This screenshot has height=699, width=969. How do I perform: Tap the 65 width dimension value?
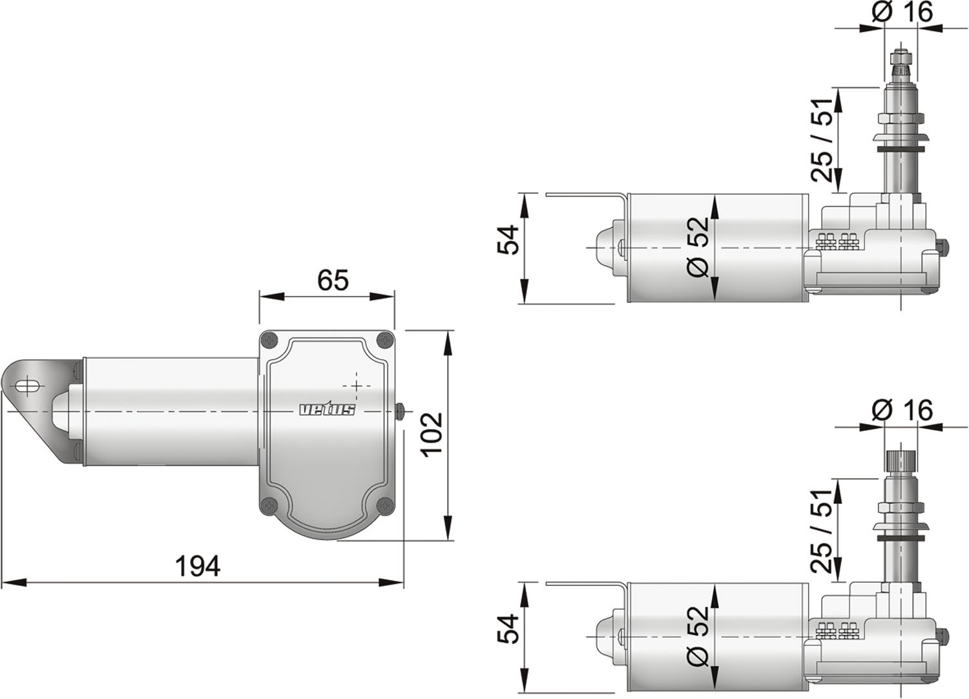tap(333, 280)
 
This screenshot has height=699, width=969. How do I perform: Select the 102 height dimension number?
tap(432, 434)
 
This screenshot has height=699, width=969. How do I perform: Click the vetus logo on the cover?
tap(328, 410)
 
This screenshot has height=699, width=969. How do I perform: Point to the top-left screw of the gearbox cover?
tap(271, 340)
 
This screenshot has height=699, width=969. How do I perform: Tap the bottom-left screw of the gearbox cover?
tap(271, 505)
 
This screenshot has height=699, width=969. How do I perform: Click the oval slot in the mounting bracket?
tap(29, 386)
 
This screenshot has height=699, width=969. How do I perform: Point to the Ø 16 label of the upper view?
tap(902, 12)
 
